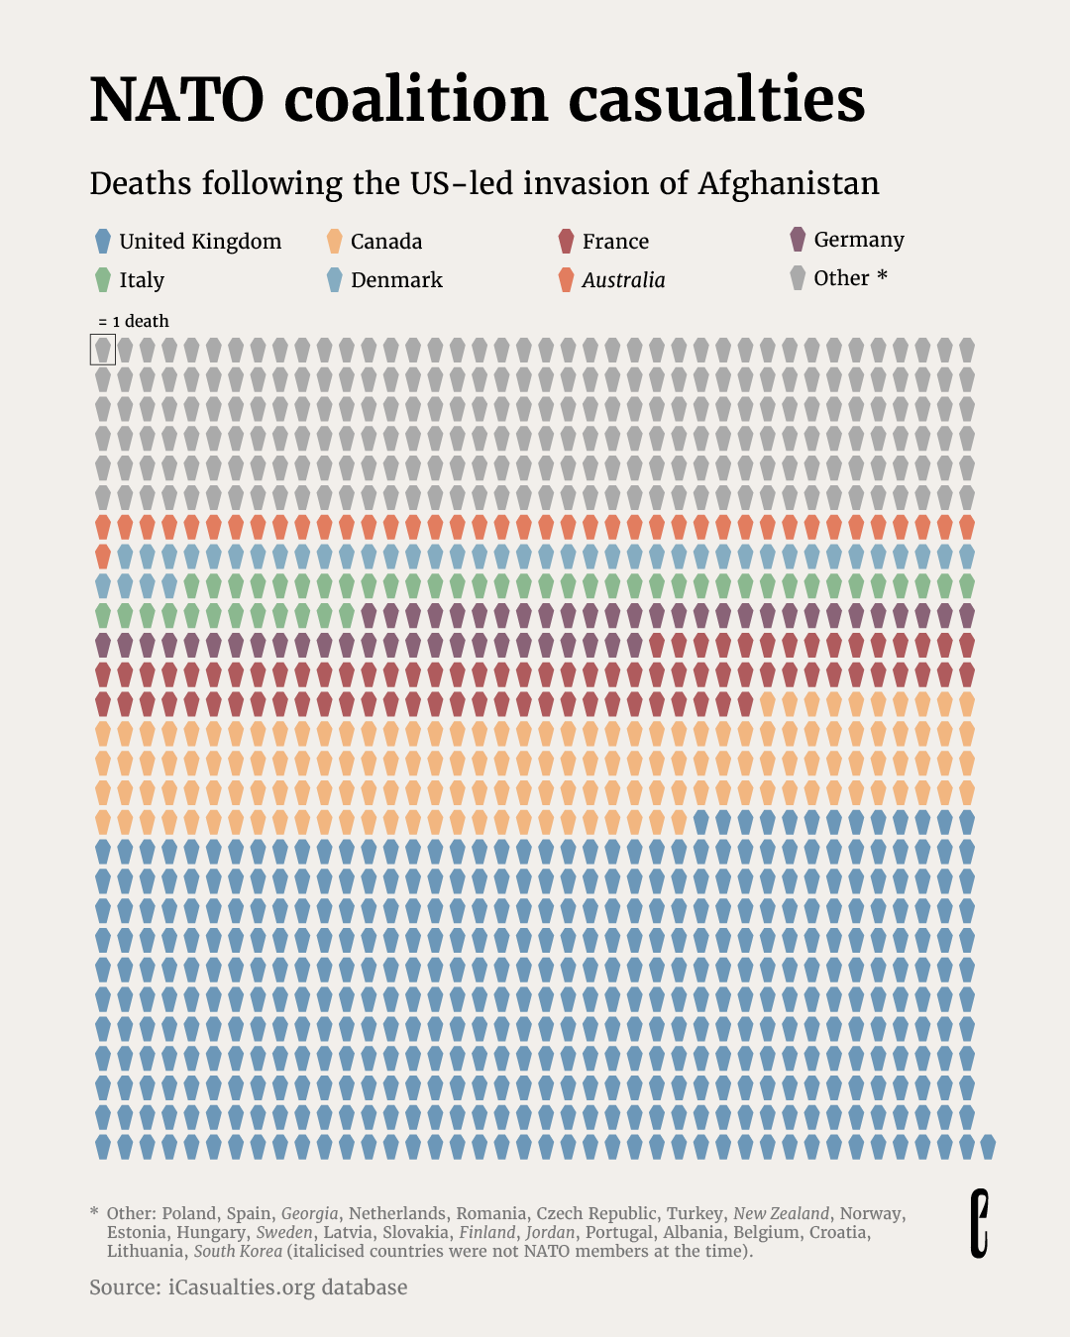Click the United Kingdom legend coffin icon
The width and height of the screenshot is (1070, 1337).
(x=102, y=241)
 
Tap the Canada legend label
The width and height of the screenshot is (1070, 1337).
(x=386, y=242)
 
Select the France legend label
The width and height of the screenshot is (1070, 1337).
(x=615, y=242)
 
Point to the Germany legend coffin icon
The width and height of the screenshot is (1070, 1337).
(x=798, y=239)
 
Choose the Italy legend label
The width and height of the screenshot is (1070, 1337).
(x=142, y=280)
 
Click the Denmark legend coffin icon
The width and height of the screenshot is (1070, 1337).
(x=335, y=279)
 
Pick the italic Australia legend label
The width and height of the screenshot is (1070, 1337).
(x=623, y=280)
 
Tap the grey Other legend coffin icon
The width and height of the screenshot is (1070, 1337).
(x=798, y=277)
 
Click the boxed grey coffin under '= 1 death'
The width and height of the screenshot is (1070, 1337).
(x=103, y=349)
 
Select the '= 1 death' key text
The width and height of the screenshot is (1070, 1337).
(x=134, y=321)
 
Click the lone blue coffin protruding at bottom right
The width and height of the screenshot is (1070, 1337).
(x=988, y=1147)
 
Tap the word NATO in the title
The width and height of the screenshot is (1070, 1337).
(x=177, y=99)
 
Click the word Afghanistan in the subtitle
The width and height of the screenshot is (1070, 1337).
(x=789, y=183)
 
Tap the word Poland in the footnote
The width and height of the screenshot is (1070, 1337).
(x=188, y=1213)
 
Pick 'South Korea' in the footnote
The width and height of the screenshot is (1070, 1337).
(x=238, y=1251)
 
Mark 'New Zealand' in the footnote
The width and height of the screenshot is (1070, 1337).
(x=781, y=1213)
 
